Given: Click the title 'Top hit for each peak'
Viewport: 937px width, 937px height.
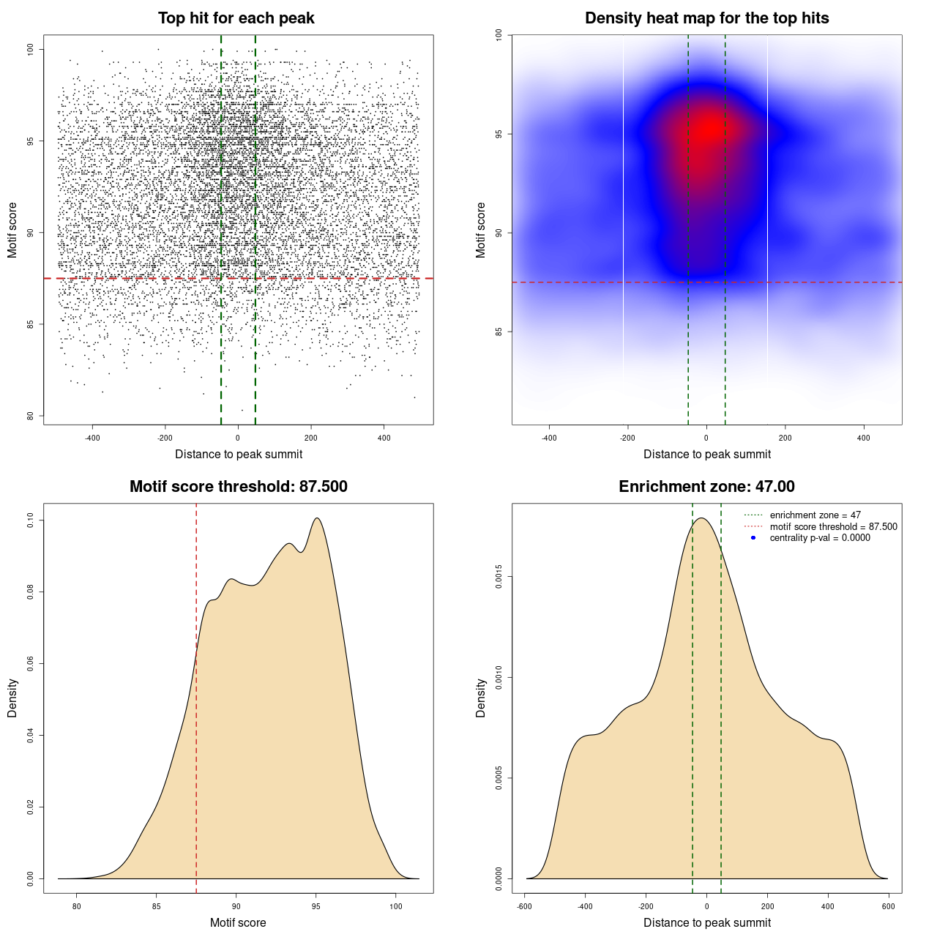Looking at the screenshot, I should point(236,18).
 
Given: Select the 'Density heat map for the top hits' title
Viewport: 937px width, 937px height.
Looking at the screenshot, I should point(706,18).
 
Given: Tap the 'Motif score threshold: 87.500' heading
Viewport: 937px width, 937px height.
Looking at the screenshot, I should point(238,487).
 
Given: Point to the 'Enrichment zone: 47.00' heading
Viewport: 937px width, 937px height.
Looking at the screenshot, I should point(706,487).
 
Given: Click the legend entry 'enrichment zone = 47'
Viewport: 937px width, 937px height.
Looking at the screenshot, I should point(815,515).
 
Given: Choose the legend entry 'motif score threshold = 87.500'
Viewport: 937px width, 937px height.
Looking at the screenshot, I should point(833,526).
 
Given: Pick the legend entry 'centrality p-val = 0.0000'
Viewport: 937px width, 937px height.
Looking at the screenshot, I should point(820,537).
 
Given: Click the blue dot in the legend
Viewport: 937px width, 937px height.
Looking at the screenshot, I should point(753,537).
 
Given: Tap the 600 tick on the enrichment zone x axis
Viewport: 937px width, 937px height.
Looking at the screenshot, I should point(888,906).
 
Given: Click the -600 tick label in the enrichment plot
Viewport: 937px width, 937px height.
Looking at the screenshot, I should point(524,906).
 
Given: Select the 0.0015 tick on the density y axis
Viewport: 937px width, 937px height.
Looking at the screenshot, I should point(499,577).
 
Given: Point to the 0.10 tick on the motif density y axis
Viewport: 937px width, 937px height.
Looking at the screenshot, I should point(30,520).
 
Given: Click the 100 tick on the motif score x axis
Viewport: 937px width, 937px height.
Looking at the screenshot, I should point(395,906).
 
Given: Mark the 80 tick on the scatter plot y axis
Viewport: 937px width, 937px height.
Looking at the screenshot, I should point(30,416).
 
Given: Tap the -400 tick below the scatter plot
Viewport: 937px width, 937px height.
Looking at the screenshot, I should point(92,438).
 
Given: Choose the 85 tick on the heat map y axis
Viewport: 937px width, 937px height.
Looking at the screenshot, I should point(499,332).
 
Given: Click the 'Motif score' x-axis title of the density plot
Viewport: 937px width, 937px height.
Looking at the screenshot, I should point(238,922).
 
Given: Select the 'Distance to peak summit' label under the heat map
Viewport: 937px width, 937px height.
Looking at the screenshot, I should point(706,454).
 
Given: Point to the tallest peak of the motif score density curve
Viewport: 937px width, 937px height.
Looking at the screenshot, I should point(317,518).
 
